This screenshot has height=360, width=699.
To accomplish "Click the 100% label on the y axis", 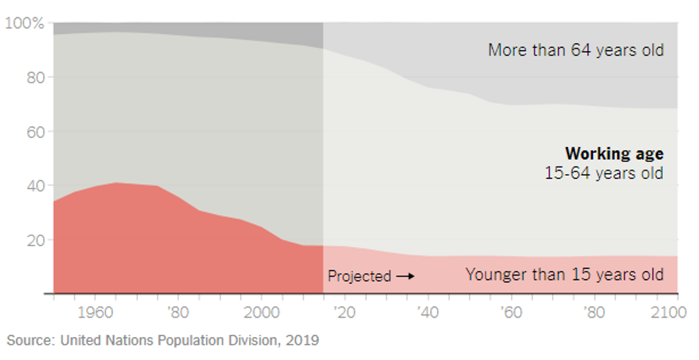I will click(x=25, y=24).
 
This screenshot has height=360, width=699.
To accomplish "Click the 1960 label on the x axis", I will click(x=96, y=312).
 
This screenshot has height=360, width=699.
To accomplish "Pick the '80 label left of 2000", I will click(x=178, y=312).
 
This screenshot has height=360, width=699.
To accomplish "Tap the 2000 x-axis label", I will click(x=261, y=312).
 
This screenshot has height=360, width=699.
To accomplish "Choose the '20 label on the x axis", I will click(x=345, y=312).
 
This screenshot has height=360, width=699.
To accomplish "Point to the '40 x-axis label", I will click(x=428, y=312).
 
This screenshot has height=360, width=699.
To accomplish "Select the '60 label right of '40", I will click(x=510, y=312).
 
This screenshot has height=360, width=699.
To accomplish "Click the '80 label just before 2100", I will click(x=594, y=312).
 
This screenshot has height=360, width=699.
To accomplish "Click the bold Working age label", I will click(x=614, y=154).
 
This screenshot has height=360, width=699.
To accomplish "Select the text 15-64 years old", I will click(x=604, y=173).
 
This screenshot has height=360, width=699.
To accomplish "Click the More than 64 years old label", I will click(x=576, y=50).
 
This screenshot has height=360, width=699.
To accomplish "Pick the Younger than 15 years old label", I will click(x=564, y=274).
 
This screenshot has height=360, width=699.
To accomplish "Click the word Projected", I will click(x=359, y=276).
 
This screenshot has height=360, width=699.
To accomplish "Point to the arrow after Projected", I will click(x=405, y=276).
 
